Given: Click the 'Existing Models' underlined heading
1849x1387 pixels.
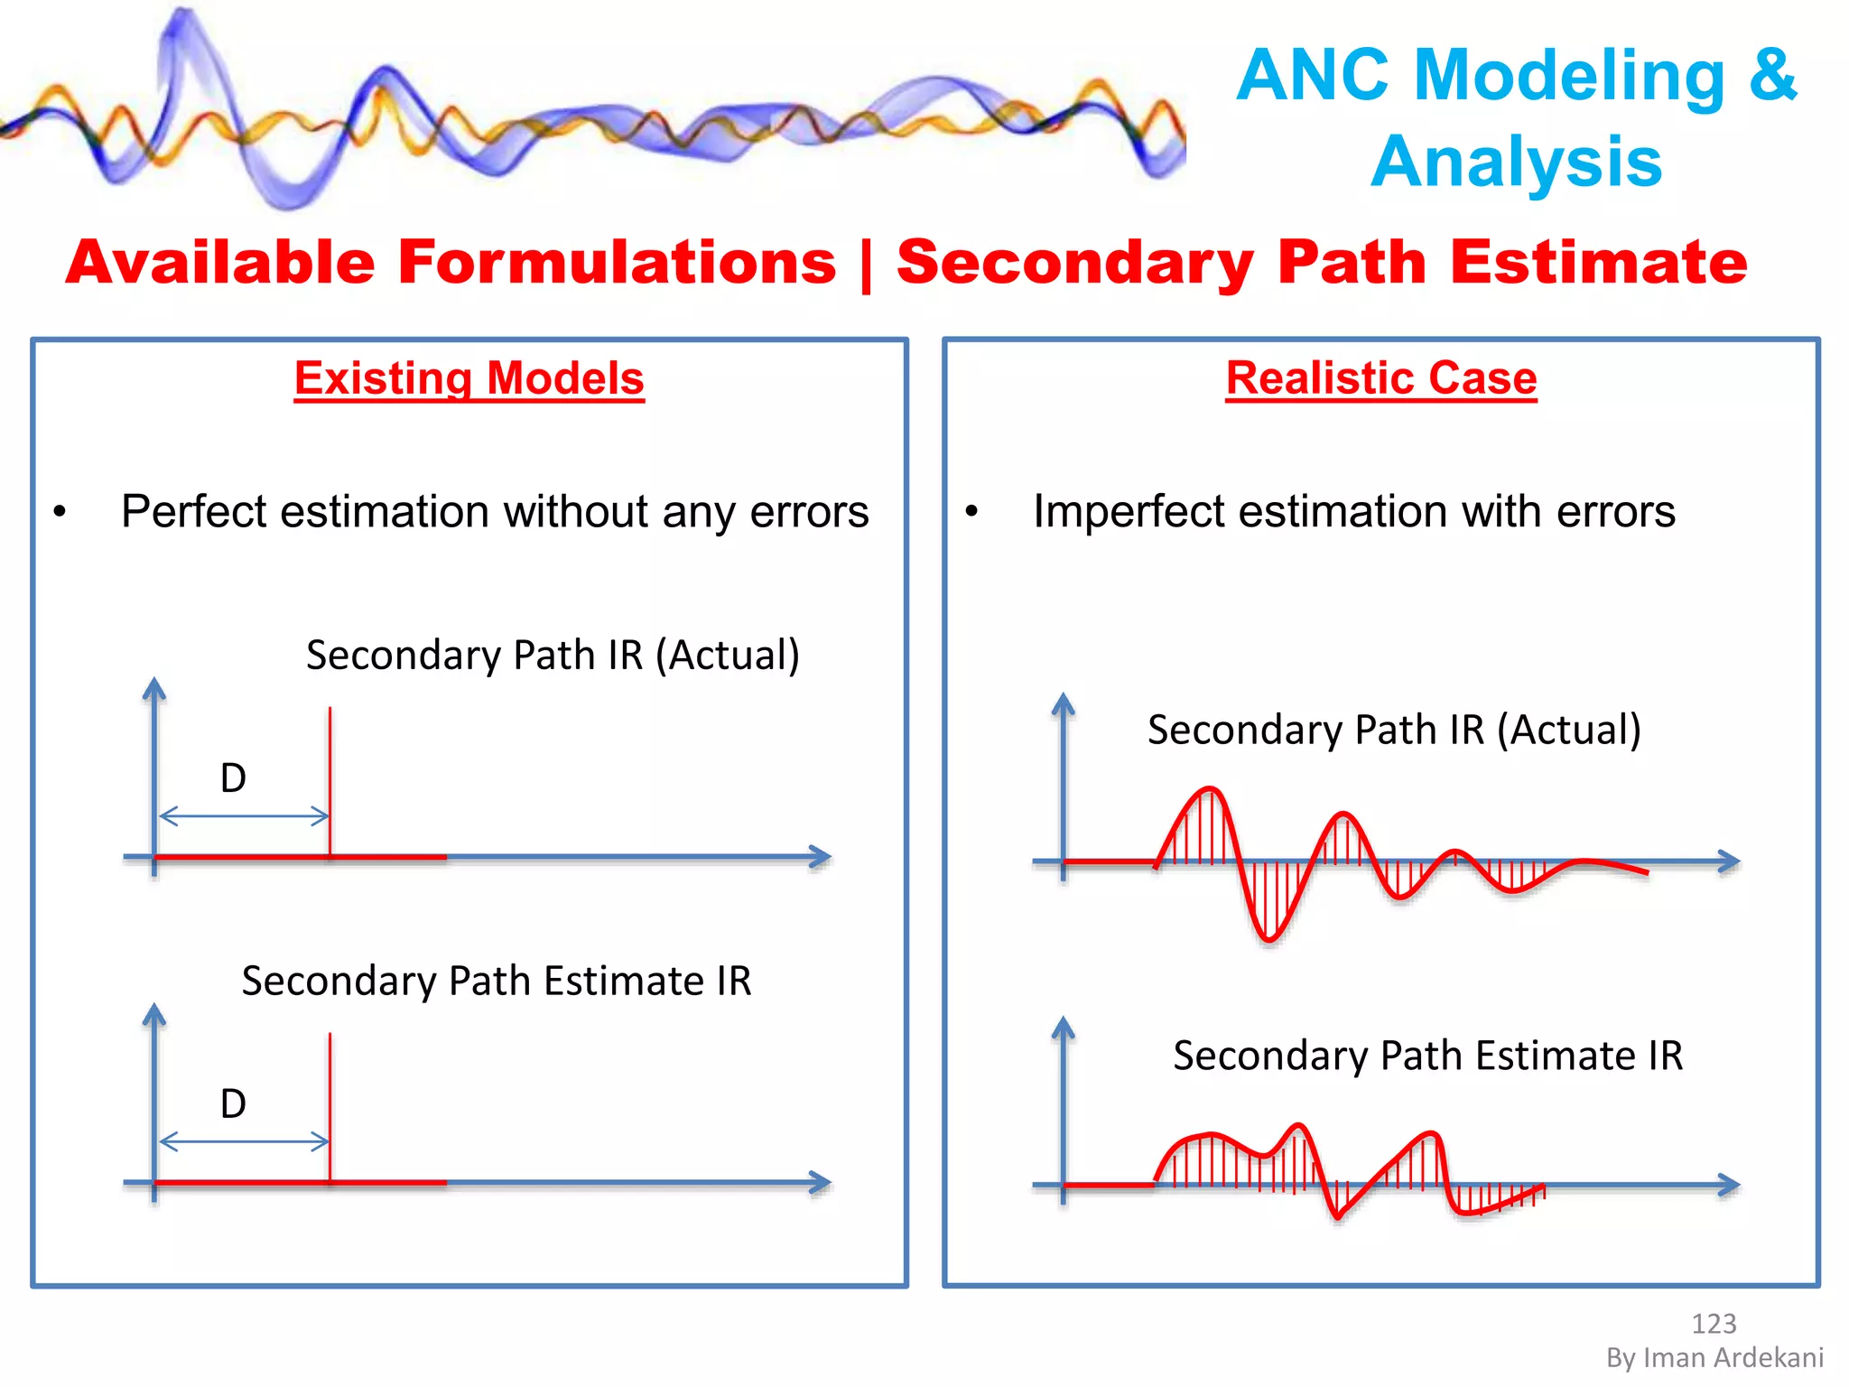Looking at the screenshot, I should click(x=469, y=378).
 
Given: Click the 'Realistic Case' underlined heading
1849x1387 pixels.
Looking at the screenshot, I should click(x=1380, y=378).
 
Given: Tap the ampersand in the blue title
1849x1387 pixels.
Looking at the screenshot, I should click(x=1772, y=75).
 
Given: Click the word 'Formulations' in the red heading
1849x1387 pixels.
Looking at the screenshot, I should click(x=618, y=263).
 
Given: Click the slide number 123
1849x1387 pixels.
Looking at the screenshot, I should click(x=1713, y=1324).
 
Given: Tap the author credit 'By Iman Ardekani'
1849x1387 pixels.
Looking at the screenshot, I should click(x=1714, y=1358).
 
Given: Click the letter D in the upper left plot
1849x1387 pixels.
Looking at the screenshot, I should click(x=233, y=778).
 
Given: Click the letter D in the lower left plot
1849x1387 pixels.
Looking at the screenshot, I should click(x=233, y=1103).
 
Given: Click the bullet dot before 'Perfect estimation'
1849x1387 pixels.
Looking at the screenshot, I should click(x=60, y=512).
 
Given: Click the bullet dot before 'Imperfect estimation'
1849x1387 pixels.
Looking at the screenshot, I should click(x=971, y=512).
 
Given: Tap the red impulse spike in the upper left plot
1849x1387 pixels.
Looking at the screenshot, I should click(x=330, y=777).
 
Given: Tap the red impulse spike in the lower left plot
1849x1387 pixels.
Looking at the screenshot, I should click(x=330, y=1102).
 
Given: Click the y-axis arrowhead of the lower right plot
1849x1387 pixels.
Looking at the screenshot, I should click(x=1064, y=1028).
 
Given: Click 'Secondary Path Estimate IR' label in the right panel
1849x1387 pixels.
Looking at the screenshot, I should click(x=1427, y=1056).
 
